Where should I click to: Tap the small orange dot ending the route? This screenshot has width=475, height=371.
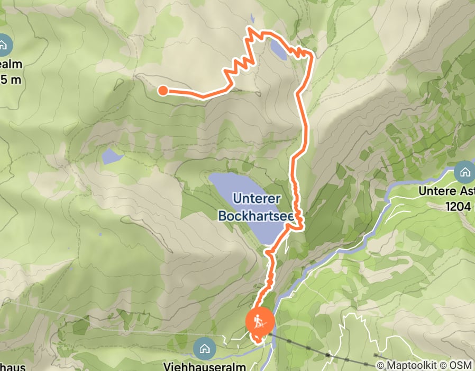(163, 91)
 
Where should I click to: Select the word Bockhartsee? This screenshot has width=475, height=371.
(257, 215)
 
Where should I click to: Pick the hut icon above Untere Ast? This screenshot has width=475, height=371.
(465, 172)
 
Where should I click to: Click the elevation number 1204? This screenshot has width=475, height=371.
(459, 207)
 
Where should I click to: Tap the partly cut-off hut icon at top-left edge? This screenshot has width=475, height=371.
(4, 45)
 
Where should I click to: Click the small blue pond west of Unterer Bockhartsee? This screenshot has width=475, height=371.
(112, 156)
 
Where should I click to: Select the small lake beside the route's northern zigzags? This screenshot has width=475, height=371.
(278, 49)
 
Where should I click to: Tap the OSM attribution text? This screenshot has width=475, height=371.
(461, 365)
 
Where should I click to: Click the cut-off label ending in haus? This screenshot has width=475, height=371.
(10, 366)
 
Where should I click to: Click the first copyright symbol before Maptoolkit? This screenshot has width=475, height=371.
(380, 365)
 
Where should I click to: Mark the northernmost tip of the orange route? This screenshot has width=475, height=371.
(250, 27)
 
